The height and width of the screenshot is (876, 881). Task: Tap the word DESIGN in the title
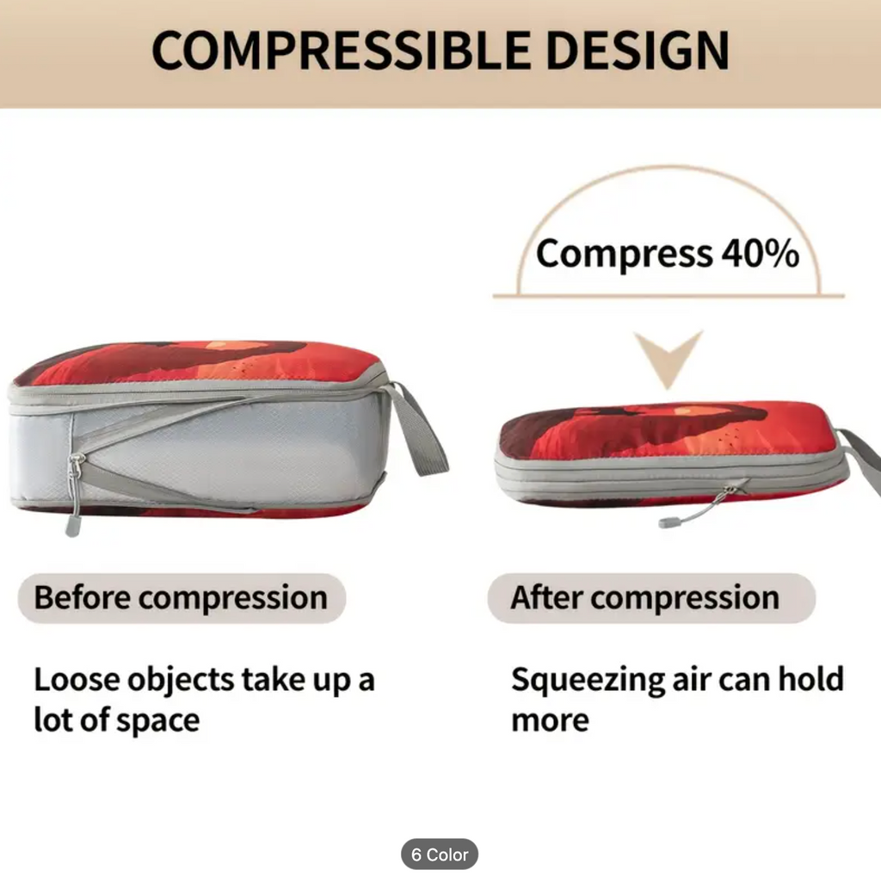[638, 50]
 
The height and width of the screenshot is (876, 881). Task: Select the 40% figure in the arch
[761, 253]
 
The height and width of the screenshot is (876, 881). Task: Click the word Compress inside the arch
[625, 255]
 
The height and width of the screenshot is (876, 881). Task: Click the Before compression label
[182, 598]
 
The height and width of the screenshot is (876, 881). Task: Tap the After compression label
[651, 598]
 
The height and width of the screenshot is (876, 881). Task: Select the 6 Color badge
[440, 854]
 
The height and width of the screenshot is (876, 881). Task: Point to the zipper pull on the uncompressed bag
[74, 495]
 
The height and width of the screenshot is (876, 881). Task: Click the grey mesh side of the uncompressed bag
[225, 449]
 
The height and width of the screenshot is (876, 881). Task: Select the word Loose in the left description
[77, 679]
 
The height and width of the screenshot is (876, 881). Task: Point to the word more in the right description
[550, 721]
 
